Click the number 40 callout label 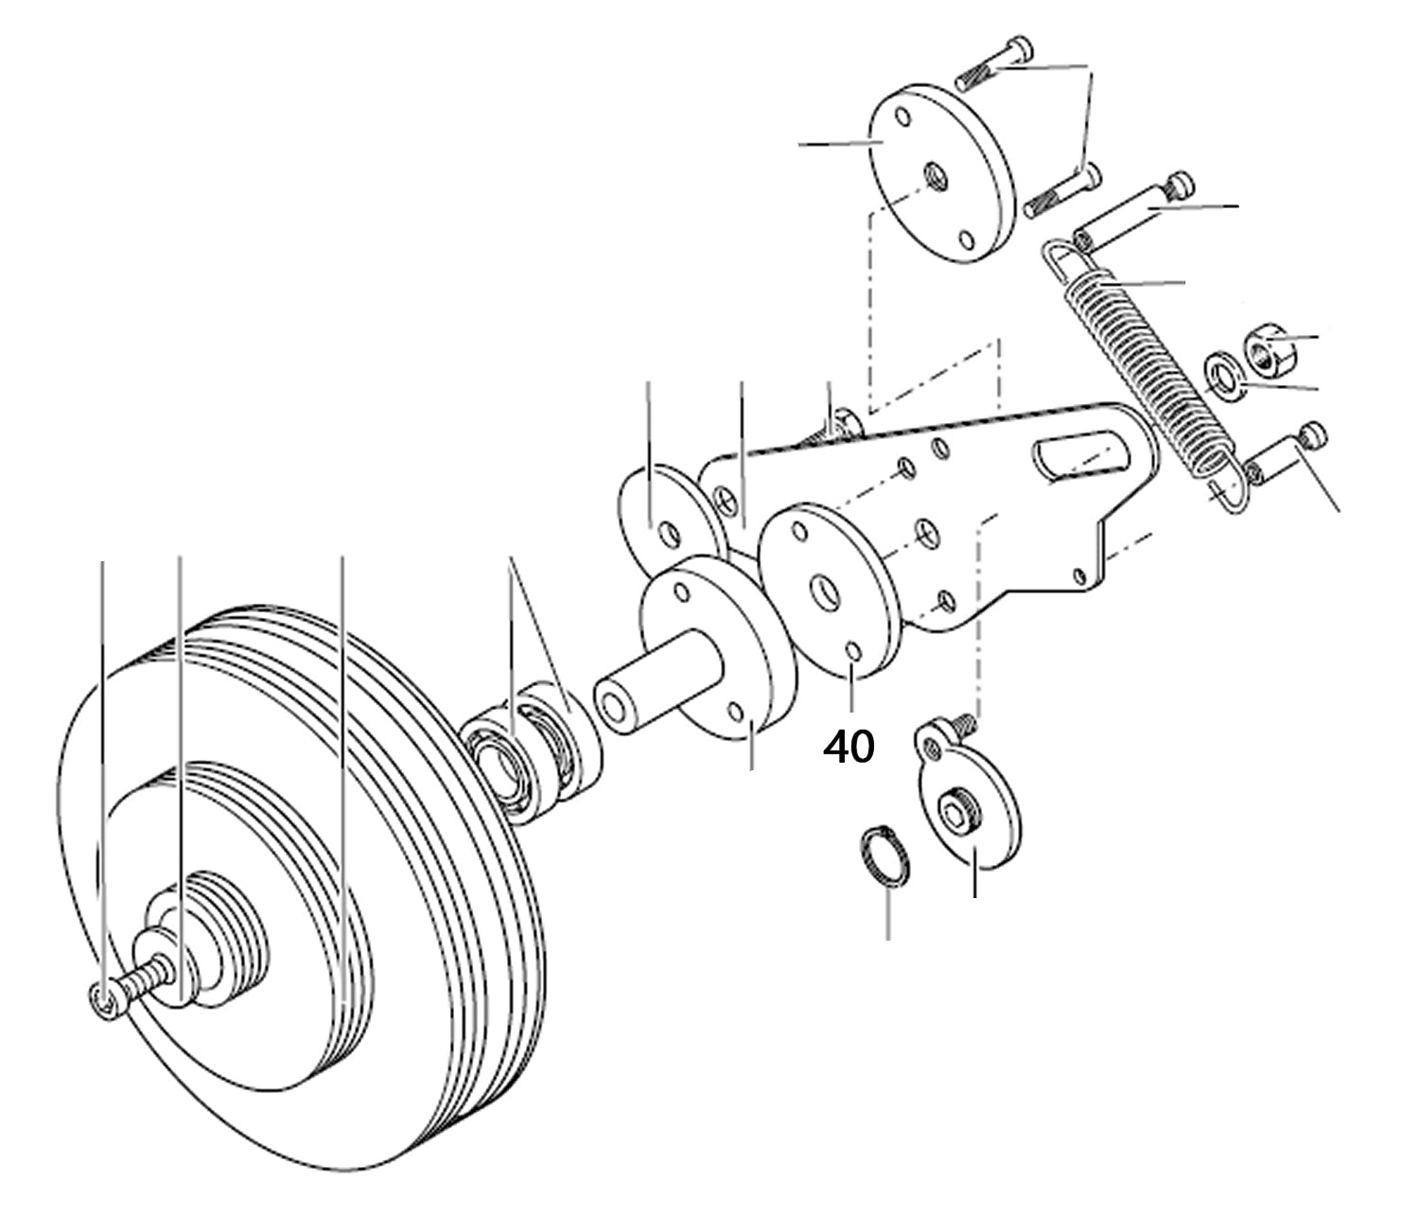click(849, 748)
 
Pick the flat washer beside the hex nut click(1224, 377)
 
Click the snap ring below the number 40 click(885, 857)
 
